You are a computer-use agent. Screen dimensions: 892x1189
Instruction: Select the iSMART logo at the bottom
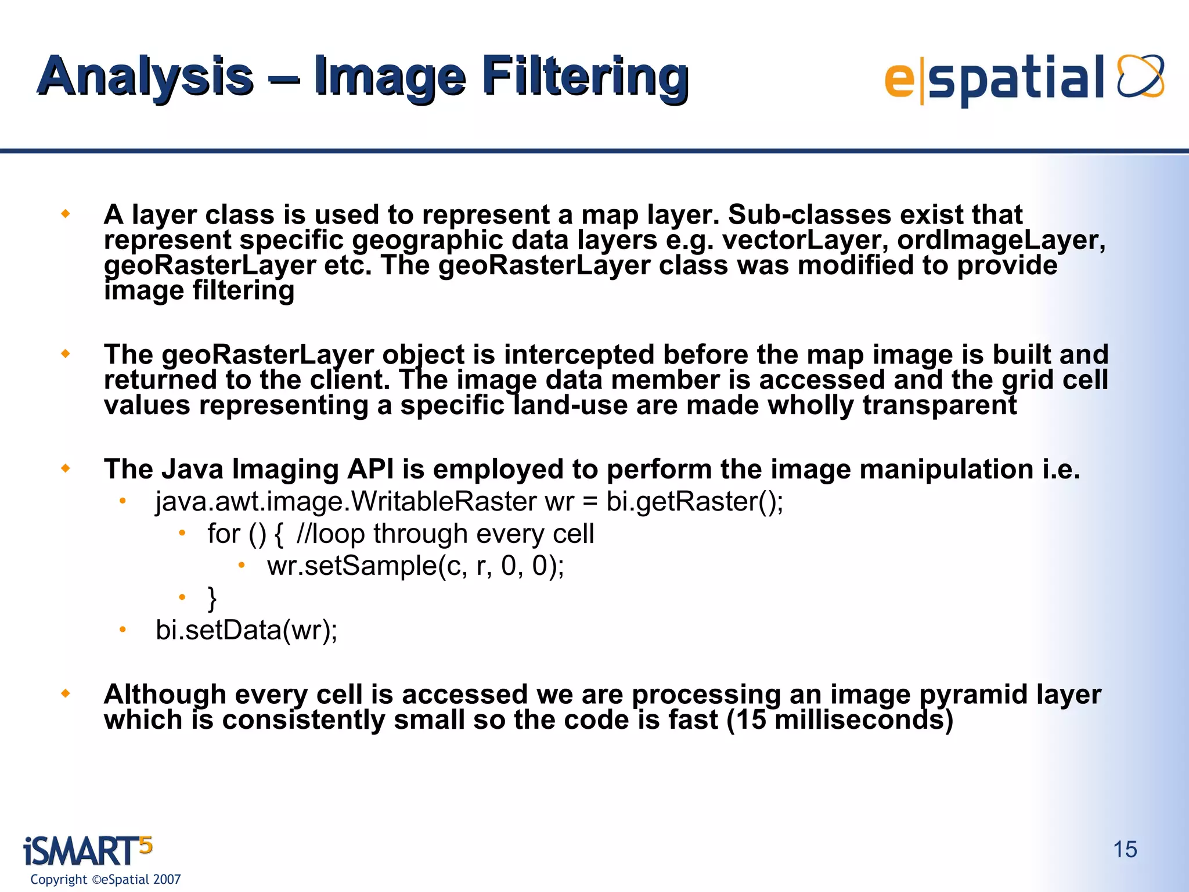tap(87, 851)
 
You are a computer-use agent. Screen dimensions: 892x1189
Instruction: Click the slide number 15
tap(1125, 850)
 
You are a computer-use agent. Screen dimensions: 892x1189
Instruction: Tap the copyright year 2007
tap(167, 879)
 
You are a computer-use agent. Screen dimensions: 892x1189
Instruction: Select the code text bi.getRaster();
tap(694, 501)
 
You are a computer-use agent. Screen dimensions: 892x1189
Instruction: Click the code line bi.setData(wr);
tap(246, 630)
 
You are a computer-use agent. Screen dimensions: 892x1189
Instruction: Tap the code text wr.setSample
tap(351, 565)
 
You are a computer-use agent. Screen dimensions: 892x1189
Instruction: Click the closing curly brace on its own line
tap(212, 598)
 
